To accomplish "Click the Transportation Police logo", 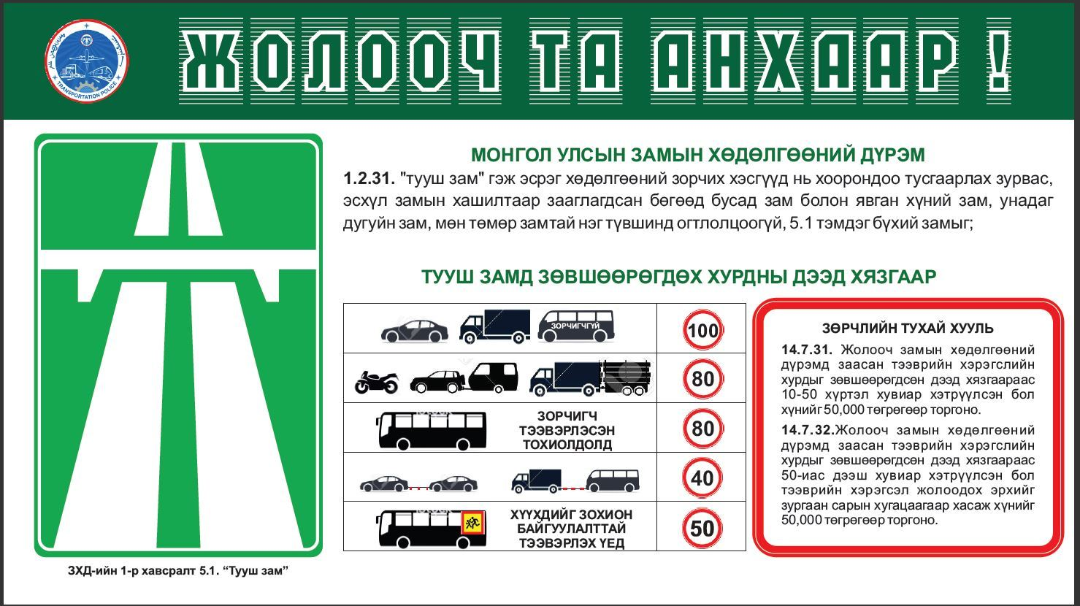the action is pos(86,61).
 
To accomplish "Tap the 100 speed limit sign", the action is pos(703,330).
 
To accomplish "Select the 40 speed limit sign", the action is pos(702,477).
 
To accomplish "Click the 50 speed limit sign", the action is pos(702,528).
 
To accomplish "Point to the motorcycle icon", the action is pos(377,382).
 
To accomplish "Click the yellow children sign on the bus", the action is pos(473,523).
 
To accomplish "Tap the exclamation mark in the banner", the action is pos(997,61).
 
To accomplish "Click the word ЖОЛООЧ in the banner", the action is pos(340,61).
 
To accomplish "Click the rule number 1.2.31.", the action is pos(369,179).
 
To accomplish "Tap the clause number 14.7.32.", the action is pos(808,430).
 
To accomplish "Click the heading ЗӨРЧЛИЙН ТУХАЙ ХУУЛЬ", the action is pos(908,329).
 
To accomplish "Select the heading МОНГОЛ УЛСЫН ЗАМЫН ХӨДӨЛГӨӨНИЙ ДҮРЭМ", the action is pos(697,156).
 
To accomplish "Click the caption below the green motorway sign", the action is pos(178,571).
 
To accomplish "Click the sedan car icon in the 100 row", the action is pos(415,331).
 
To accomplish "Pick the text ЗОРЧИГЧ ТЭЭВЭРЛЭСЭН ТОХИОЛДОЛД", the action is pos(567,430).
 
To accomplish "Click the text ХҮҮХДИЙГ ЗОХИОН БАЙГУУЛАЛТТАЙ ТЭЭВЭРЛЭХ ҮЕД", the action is pos(571,529).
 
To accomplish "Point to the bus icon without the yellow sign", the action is pos(431,430).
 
